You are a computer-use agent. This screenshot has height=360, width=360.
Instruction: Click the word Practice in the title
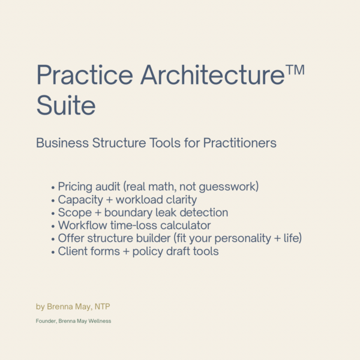coord(85,75)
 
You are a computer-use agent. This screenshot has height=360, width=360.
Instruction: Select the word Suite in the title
coord(66,106)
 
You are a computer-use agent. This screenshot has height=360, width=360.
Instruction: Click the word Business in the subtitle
coord(61,143)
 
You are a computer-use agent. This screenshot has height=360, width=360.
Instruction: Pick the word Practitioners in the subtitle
coord(240,143)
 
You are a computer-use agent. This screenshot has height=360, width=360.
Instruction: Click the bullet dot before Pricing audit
coord(53,187)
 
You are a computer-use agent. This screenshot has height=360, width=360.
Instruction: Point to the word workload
coord(139,199)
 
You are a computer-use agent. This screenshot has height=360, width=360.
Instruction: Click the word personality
coord(233,239)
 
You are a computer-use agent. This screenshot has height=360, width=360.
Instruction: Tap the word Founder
coord(46,321)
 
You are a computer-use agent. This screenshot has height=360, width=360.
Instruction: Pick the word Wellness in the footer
coord(100,321)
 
